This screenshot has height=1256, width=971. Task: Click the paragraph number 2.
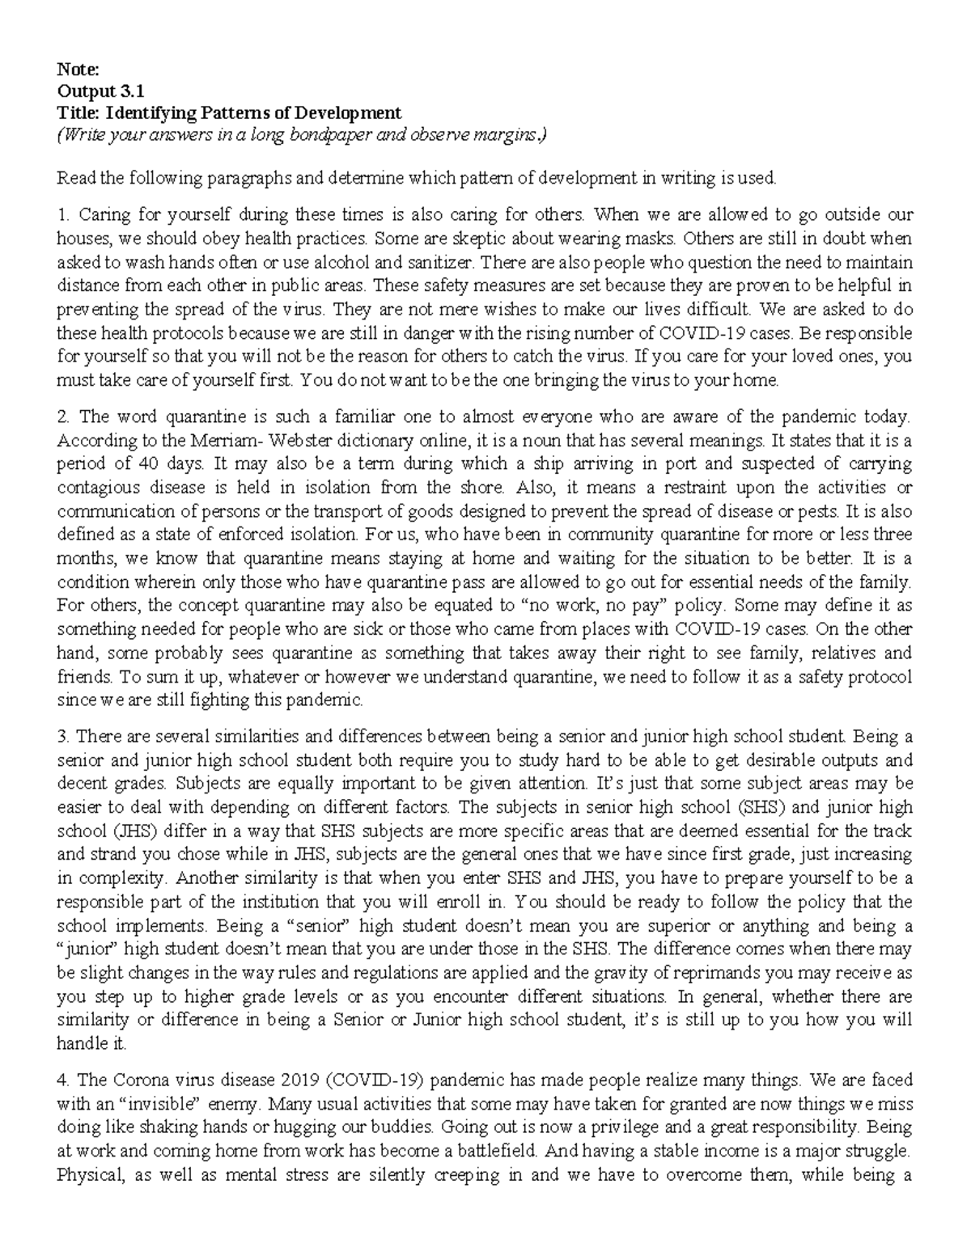62,417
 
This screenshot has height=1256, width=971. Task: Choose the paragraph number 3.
62,737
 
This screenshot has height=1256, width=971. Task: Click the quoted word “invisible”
145,1103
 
